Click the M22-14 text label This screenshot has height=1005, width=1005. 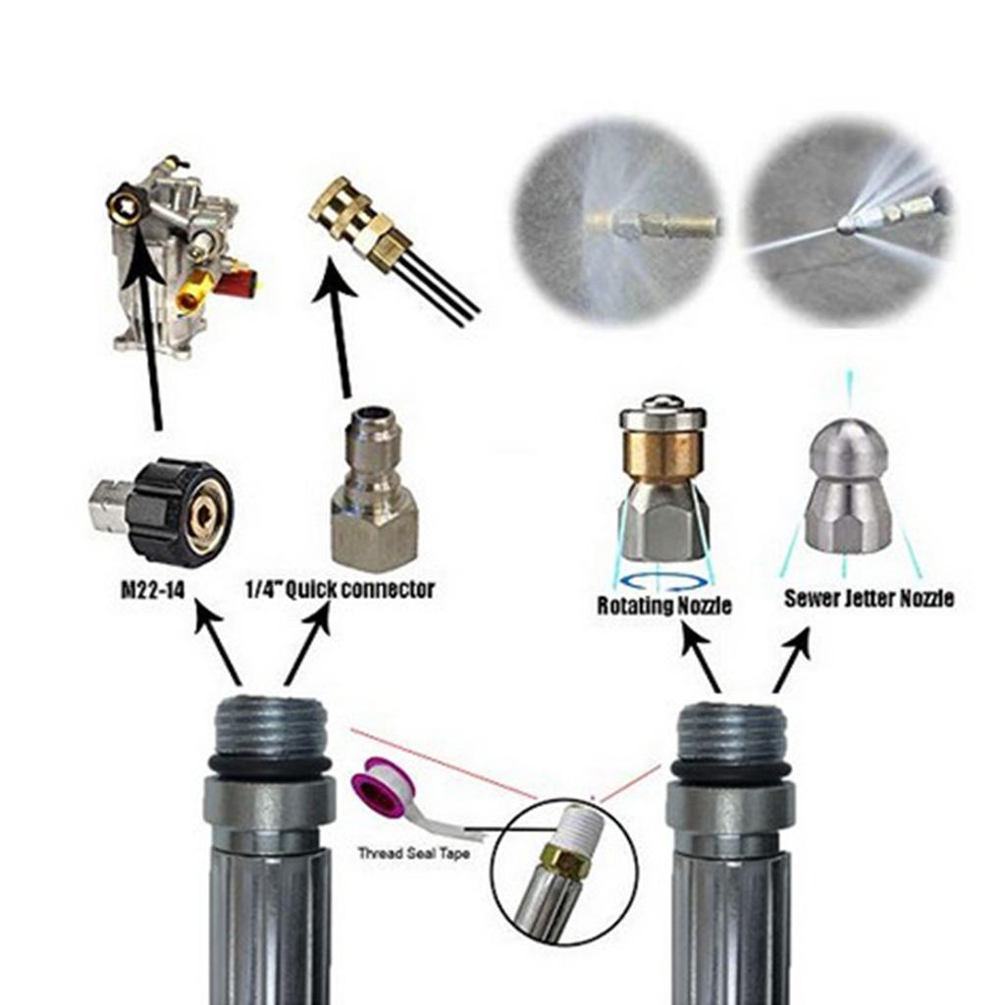click(154, 591)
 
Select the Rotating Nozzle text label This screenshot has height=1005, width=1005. click(664, 606)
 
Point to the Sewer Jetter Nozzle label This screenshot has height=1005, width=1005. click(869, 598)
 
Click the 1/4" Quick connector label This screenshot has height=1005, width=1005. click(339, 591)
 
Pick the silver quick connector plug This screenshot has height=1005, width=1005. click(374, 491)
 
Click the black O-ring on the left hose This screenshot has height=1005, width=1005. click(269, 767)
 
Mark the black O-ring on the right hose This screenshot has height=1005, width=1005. click(731, 771)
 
